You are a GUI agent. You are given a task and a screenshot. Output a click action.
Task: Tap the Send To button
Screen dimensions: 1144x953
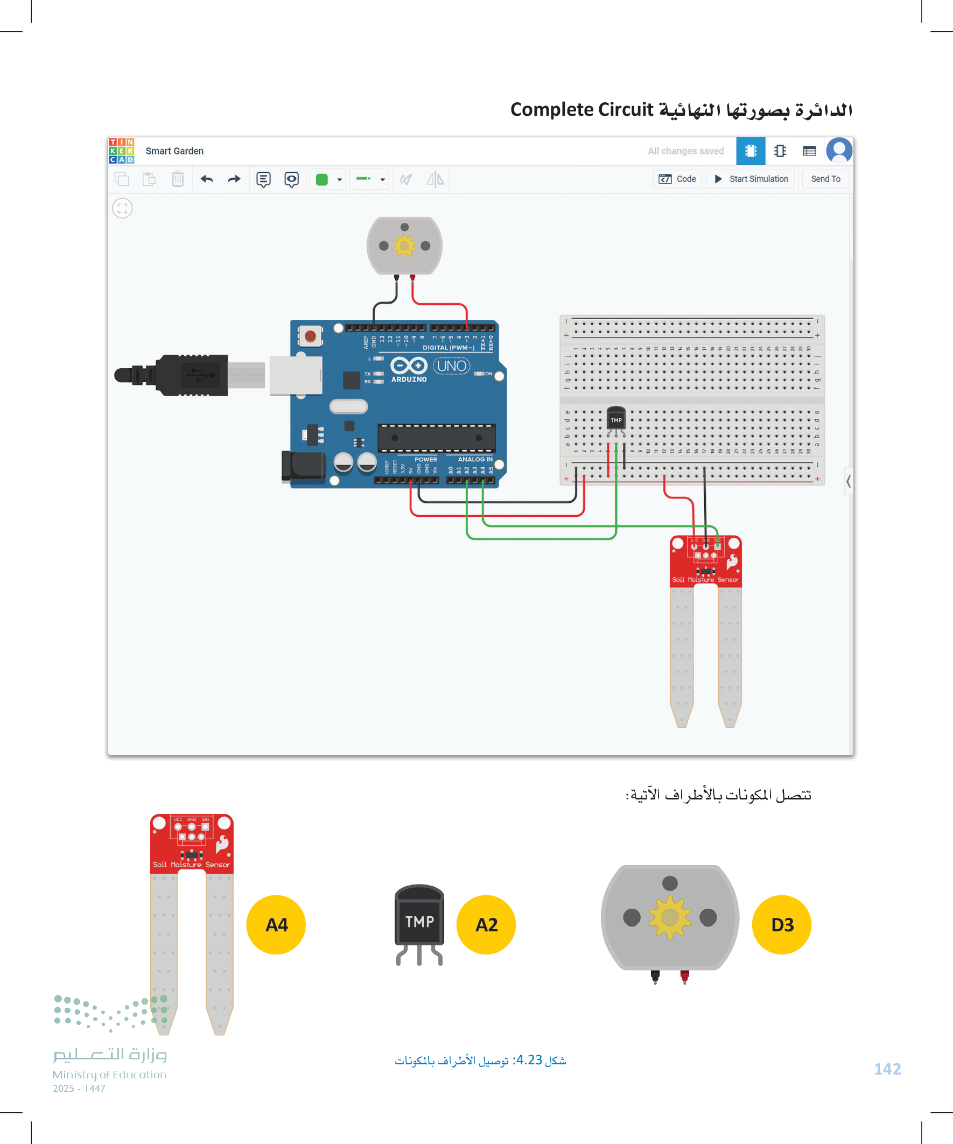point(825,179)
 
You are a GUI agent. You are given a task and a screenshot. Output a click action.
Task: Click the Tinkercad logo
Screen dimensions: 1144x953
point(122,151)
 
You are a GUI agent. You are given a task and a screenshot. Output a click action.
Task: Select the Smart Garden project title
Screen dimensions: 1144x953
point(174,151)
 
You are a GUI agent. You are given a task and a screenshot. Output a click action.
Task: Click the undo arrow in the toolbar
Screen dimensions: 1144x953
point(207,179)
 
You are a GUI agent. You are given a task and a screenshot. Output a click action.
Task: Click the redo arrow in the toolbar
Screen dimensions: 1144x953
point(234,179)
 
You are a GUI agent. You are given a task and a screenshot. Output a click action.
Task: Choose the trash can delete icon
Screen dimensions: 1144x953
point(178,179)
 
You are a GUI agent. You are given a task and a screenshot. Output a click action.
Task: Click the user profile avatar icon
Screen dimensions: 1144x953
point(839,151)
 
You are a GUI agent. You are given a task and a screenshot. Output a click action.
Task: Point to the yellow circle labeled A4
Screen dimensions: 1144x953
point(276,924)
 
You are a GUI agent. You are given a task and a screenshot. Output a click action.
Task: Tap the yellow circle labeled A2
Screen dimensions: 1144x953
point(486,924)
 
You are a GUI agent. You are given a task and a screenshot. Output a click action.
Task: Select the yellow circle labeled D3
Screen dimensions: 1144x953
point(781,924)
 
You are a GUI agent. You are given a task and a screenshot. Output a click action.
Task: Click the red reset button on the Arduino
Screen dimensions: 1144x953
point(310,336)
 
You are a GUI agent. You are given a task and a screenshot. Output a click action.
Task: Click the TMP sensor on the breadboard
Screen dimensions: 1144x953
point(616,419)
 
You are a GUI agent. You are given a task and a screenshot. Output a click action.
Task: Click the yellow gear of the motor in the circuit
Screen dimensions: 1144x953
point(404,245)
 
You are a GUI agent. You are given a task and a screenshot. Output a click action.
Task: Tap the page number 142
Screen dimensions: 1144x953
point(887,1069)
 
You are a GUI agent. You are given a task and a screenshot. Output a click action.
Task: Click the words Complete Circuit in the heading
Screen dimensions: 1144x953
point(581,109)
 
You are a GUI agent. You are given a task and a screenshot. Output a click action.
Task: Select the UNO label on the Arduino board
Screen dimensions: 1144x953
point(452,366)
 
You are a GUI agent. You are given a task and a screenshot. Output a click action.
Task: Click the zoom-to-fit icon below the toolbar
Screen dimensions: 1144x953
point(123,208)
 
